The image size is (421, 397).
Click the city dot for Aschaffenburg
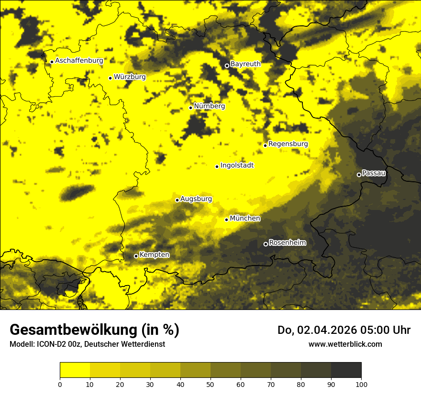[52, 62]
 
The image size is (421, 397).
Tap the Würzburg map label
[130, 77]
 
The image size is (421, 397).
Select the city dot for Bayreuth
[227, 66]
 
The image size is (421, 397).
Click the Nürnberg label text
[209, 106]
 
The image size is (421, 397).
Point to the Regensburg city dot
[265, 145]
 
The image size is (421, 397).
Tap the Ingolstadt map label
[237, 165]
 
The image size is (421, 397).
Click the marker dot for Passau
[359, 175]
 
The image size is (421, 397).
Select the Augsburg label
[196, 199]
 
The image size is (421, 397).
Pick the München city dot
[227, 220]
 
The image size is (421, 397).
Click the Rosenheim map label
[287, 243]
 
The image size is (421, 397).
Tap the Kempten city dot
[136, 256]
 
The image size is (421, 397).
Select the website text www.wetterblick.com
[345, 344]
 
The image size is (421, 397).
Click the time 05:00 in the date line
[376, 330]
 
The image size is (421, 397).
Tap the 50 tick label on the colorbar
[210, 384]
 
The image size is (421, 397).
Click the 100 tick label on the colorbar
[361, 384]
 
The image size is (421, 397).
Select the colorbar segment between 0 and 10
[75, 370]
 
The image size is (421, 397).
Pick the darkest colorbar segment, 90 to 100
[346, 370]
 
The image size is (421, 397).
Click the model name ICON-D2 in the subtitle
[49, 344]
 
